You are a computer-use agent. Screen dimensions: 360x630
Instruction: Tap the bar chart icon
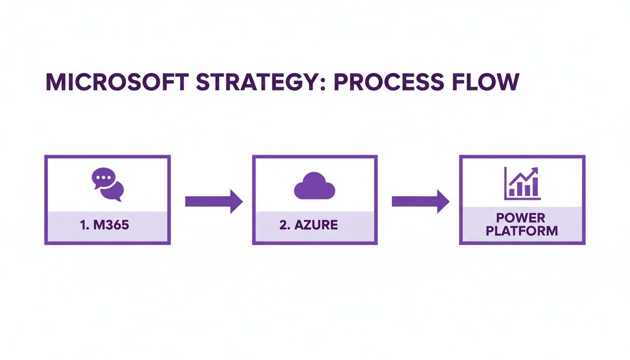point(522,184)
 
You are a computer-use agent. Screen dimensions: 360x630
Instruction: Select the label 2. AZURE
point(308,225)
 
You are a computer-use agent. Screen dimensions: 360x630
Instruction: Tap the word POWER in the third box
point(522,218)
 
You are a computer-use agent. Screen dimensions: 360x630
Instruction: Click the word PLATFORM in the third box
point(522,231)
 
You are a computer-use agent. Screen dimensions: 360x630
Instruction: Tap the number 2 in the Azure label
point(282,225)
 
